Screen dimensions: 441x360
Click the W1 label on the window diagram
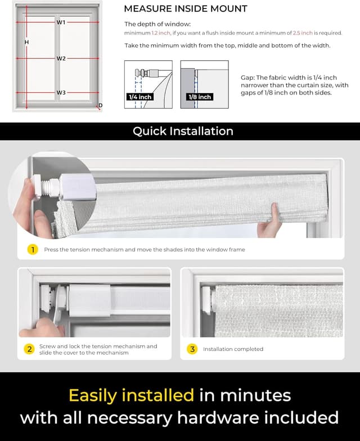(x=61, y=22)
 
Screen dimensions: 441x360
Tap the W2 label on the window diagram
(x=61, y=58)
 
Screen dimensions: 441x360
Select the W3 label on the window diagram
(x=61, y=92)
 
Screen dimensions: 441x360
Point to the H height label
(x=26, y=42)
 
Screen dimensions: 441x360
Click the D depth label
(x=101, y=106)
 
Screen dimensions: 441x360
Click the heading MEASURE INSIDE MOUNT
(x=186, y=8)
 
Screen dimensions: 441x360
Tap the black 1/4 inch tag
(x=141, y=97)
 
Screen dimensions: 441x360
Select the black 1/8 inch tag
(x=200, y=97)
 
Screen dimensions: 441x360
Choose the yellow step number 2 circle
(x=29, y=349)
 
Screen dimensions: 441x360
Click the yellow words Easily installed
(x=131, y=395)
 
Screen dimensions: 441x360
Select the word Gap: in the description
(x=248, y=78)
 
